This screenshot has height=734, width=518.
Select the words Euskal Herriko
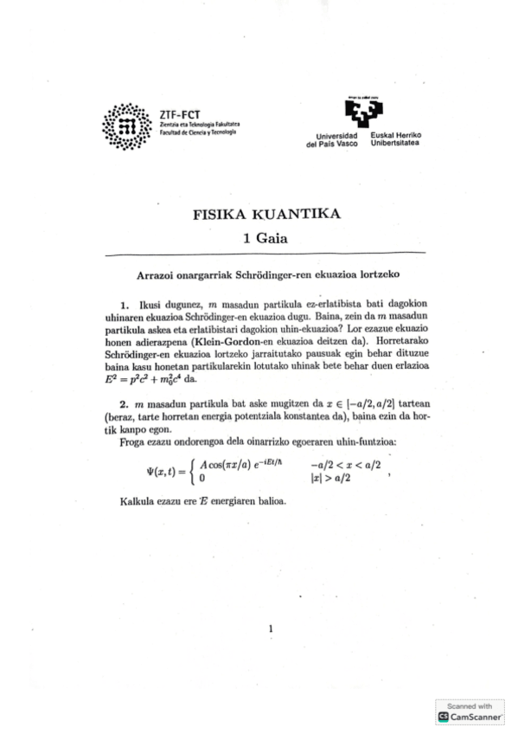pos(395,136)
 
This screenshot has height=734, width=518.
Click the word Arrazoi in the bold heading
pos(158,274)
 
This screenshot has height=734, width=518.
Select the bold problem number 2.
pos(125,405)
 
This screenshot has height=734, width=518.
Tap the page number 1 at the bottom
pos(271,629)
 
